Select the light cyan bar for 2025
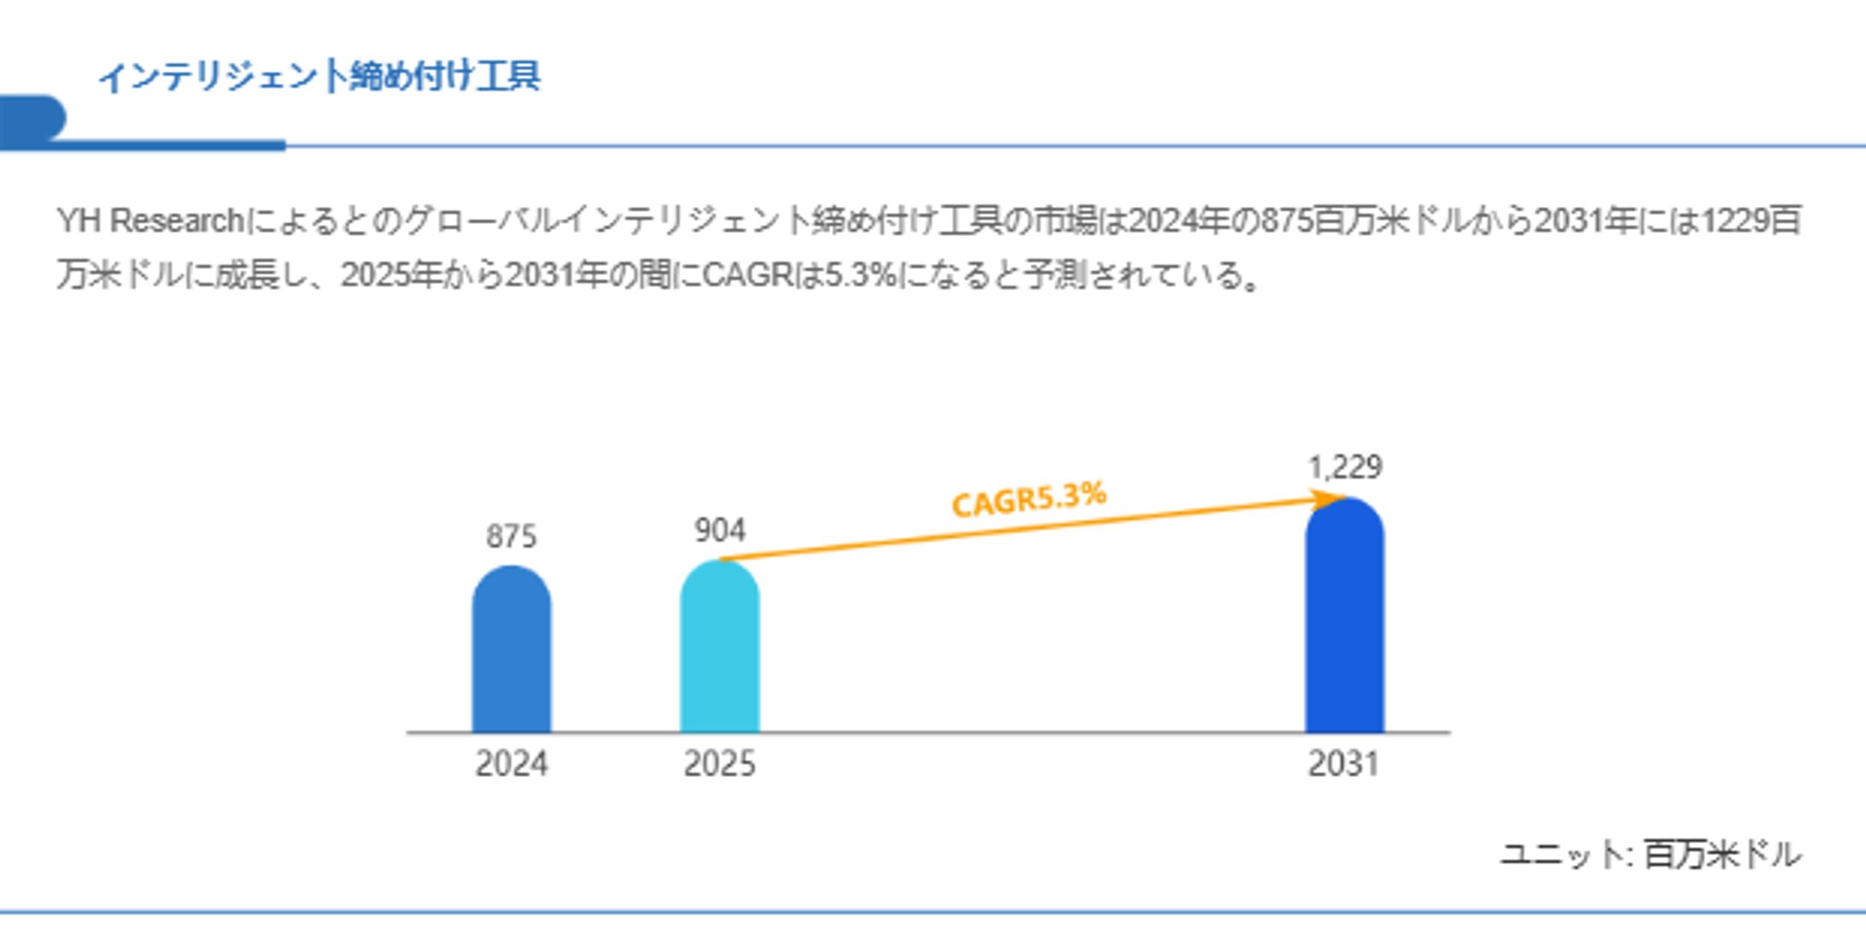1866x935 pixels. pyautogui.click(x=719, y=650)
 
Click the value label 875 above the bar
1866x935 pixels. pyautogui.click(x=511, y=537)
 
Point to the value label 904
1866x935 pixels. pyautogui.click(x=719, y=531)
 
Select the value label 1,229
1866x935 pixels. pyautogui.click(x=1345, y=467)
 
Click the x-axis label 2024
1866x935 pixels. pyautogui.click(x=511, y=763)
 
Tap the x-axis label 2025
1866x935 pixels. pyautogui.click(x=719, y=763)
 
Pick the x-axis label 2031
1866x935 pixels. pyautogui.click(x=1344, y=763)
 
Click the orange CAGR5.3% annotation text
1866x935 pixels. pyautogui.click(x=1029, y=499)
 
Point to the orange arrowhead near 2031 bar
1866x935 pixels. pyautogui.click(x=1326, y=500)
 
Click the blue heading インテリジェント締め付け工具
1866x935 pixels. pyautogui.click(x=319, y=76)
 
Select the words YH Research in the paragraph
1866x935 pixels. pyautogui.click(x=150, y=221)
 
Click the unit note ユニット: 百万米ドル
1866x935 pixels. pyautogui.click(x=1651, y=854)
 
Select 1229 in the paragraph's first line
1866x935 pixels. pyautogui.click(x=1734, y=221)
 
